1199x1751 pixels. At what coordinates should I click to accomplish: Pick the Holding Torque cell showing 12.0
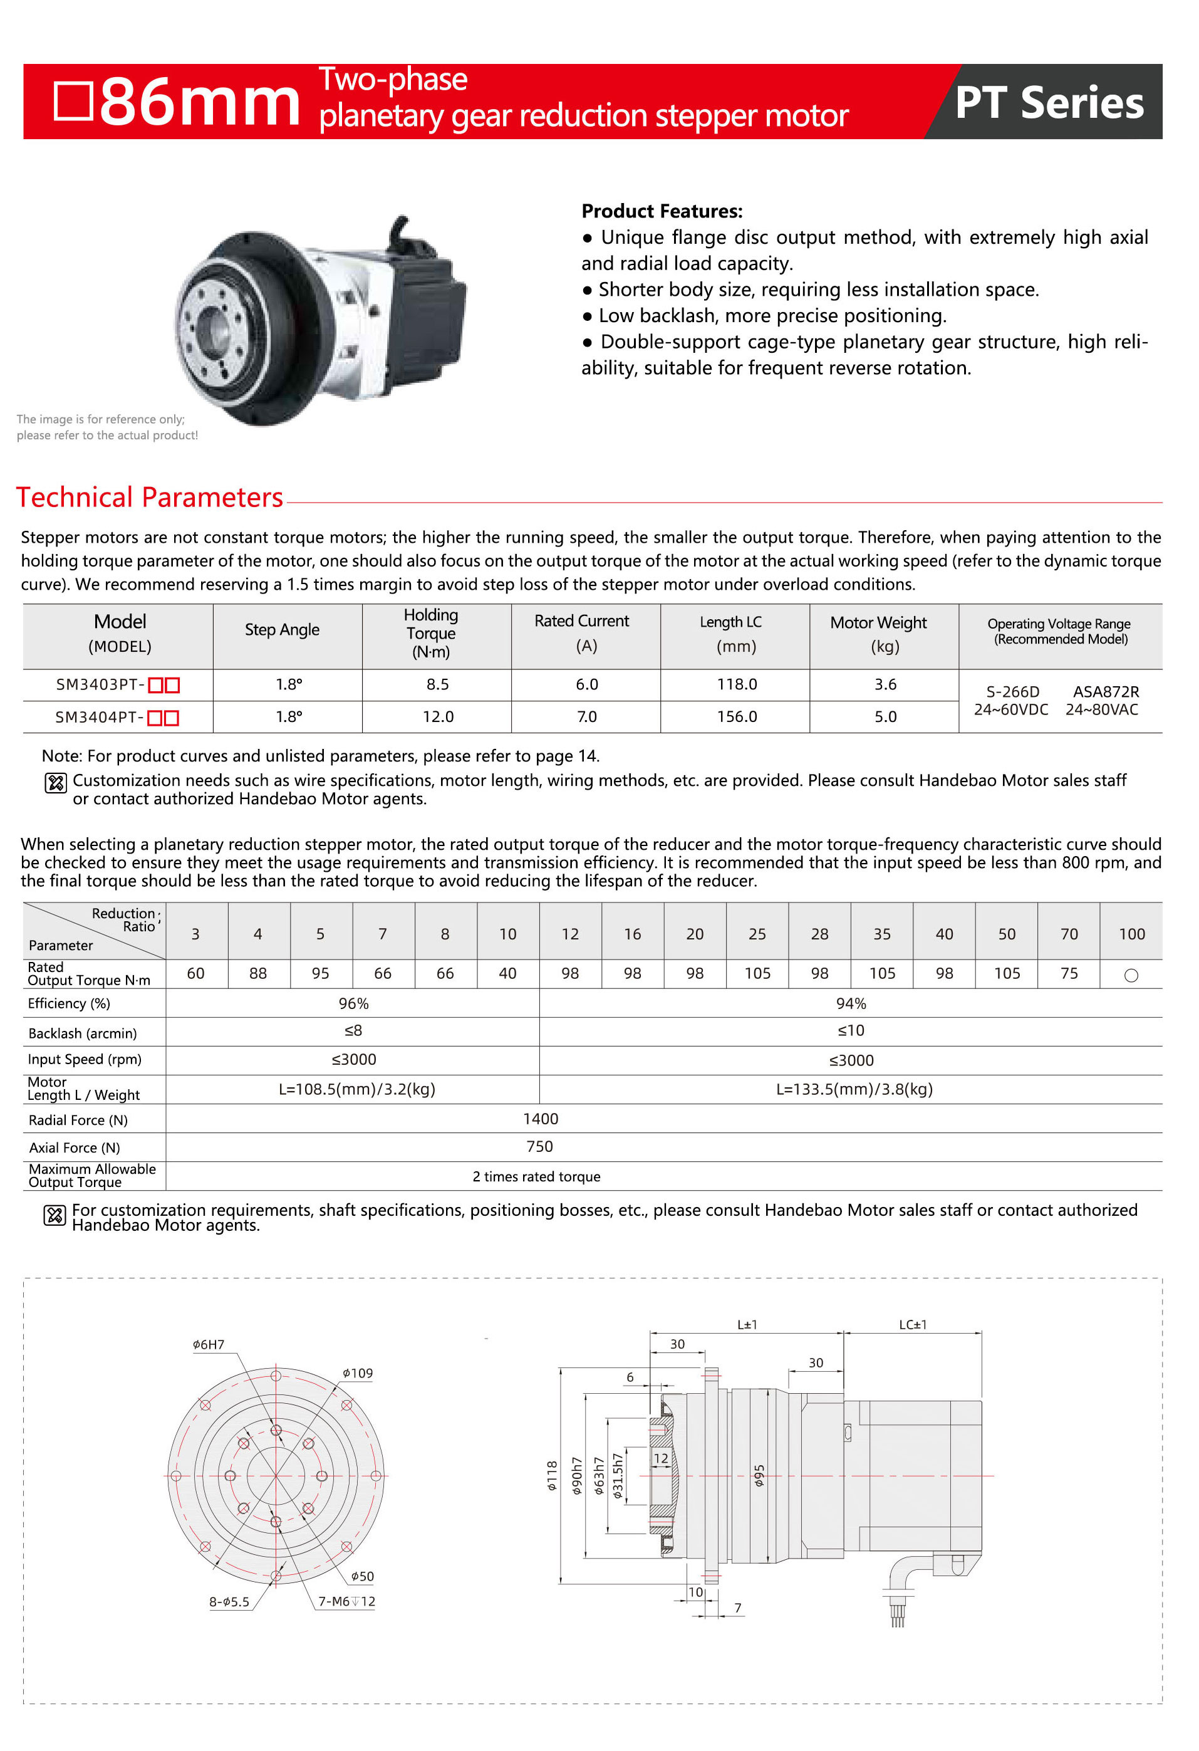point(438,716)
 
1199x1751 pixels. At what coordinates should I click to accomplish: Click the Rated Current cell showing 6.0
point(587,684)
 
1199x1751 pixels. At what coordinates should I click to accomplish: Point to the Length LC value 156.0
point(737,716)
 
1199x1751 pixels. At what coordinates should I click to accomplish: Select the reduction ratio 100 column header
point(1131,934)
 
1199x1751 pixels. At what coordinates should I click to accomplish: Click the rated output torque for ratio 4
point(257,973)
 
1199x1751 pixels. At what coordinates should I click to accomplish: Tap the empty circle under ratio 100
point(1131,975)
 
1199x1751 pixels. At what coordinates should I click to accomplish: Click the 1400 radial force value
point(540,1118)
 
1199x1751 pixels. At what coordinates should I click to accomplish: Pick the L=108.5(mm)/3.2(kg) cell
point(357,1089)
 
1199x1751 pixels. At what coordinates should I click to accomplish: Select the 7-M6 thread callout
point(346,1601)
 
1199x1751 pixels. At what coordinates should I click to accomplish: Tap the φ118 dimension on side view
point(552,1476)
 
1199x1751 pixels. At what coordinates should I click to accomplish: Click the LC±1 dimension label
point(912,1325)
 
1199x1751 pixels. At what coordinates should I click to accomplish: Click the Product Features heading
point(662,211)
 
